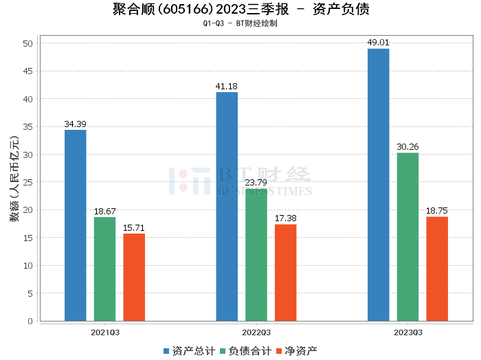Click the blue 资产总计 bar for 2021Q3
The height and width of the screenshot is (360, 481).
click(x=75, y=225)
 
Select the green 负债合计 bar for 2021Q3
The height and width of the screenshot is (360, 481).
click(x=104, y=269)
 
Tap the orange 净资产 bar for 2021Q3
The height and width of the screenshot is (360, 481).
click(x=134, y=278)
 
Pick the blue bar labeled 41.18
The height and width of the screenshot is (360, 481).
click(x=227, y=206)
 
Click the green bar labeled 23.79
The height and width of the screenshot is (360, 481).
click(x=256, y=255)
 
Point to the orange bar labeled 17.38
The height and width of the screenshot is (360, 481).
click(x=286, y=273)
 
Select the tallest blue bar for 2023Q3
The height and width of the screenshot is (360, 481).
click(x=378, y=185)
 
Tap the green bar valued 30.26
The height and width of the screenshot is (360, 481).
click(x=407, y=237)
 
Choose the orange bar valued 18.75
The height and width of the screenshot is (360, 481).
click(x=437, y=269)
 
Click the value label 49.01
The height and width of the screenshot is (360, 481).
click(x=378, y=43)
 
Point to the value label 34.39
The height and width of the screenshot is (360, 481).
click(x=75, y=124)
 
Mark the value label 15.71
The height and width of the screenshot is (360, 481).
click(x=134, y=228)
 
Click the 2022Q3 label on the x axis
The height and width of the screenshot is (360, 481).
click(x=256, y=332)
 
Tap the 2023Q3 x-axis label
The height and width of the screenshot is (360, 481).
click(x=407, y=332)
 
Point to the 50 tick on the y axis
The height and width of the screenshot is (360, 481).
click(x=28, y=43)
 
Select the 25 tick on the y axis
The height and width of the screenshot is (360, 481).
click(x=28, y=182)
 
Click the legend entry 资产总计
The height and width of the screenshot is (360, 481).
click(x=188, y=351)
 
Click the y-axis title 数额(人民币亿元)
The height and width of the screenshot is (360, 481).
click(x=14, y=183)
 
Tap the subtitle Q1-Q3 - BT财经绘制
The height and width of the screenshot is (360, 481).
click(x=240, y=23)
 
